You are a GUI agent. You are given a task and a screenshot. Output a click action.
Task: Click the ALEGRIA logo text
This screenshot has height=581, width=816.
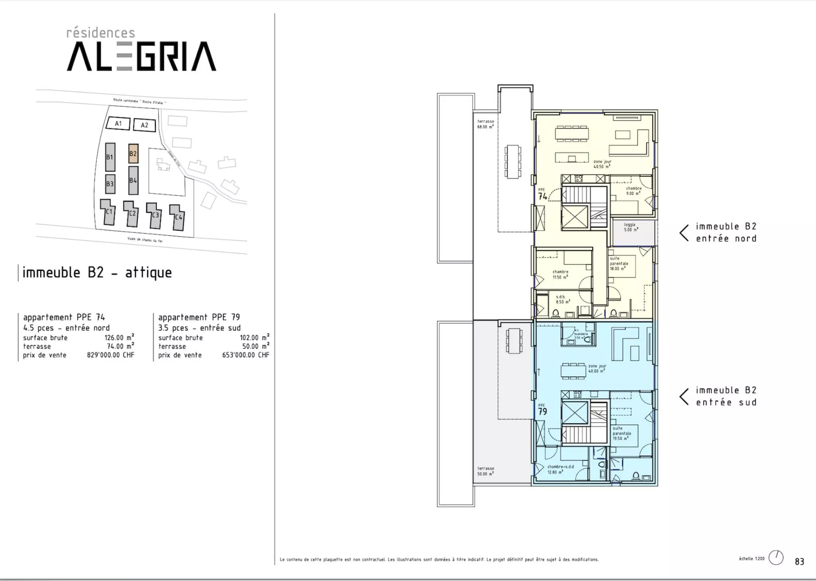pos(141,57)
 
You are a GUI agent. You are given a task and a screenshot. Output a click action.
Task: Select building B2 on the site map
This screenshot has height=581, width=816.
pos(133,153)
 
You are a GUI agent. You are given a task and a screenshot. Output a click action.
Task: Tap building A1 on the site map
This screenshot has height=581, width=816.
pos(118,124)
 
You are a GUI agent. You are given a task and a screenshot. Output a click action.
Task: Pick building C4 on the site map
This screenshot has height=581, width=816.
pos(178,218)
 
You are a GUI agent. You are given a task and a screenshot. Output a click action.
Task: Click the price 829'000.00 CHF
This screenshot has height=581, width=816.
pos(110,355)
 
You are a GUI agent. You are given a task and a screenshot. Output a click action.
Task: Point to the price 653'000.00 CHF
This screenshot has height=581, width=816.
pos(245,355)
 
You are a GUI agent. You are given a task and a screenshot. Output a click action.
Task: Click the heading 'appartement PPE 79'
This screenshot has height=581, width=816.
pos(199,317)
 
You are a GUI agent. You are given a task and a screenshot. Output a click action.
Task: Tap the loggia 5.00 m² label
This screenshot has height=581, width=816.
pos(631,227)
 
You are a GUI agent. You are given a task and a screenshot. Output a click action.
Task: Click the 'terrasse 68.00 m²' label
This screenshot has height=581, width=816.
pos(485,124)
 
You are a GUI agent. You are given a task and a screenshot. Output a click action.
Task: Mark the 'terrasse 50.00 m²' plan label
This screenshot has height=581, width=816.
pos(485,471)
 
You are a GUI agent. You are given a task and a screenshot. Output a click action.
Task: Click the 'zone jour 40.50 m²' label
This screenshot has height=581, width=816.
pos(602,164)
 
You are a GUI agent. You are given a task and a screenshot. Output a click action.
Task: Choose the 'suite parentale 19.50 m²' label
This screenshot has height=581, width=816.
pos(622,433)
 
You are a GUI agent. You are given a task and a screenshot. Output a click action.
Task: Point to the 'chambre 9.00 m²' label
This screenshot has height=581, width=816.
pos(633,191)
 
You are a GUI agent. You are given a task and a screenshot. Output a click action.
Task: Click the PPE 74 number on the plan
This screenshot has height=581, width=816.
pos(542,196)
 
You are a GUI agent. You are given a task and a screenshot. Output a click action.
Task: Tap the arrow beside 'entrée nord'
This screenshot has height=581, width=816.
pos(684,233)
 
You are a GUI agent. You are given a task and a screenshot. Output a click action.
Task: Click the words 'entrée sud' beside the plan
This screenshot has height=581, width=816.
pos(726,402)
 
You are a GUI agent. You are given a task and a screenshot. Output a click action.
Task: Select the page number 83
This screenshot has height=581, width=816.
pos(799,561)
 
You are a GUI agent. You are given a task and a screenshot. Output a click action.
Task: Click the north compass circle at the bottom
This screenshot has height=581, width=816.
pos(776,557)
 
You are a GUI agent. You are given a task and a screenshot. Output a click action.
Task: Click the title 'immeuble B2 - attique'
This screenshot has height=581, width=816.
pos(97,273)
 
